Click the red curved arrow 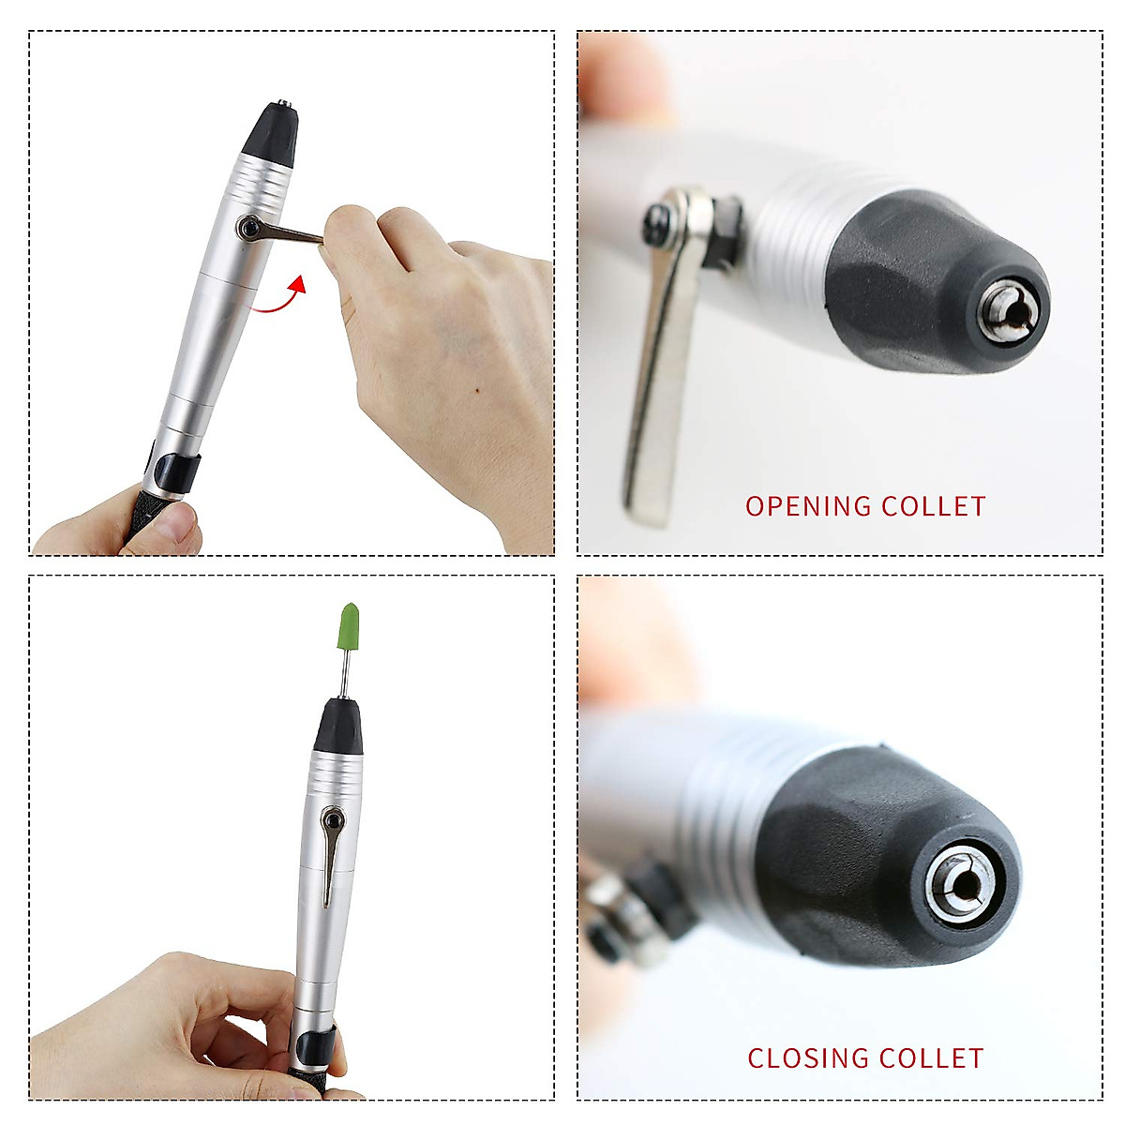click(x=280, y=297)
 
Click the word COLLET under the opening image click(x=934, y=507)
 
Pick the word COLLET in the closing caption click(x=932, y=1058)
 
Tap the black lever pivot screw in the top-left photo click(x=248, y=226)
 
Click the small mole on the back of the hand click(x=477, y=390)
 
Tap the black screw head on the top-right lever click(x=657, y=222)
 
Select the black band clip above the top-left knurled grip click(x=175, y=470)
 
